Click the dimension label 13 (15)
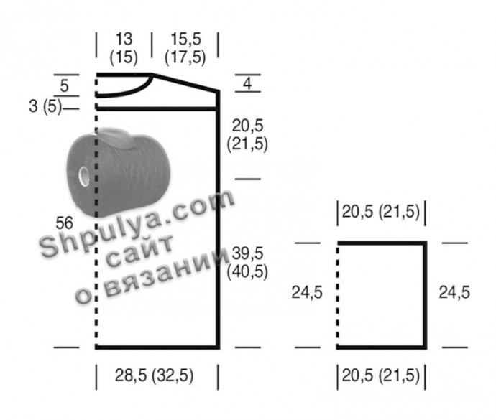click(124, 48)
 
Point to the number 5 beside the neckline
click(64, 85)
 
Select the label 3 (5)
click(45, 106)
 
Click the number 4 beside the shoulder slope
click(247, 83)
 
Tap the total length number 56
click(64, 223)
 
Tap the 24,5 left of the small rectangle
click(307, 292)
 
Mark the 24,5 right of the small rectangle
click(454, 292)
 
